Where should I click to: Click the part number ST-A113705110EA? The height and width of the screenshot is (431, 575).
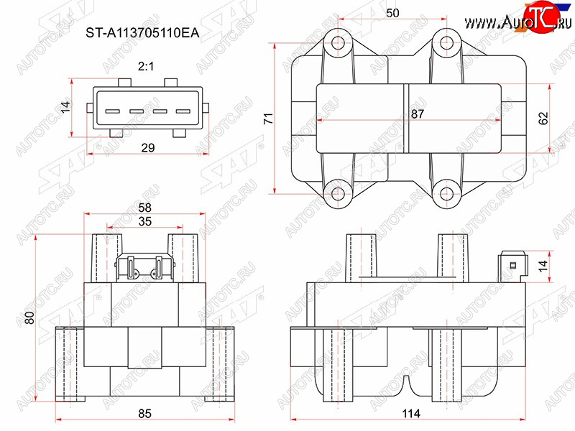(x=142, y=33)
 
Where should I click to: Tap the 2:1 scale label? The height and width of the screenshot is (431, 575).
(x=146, y=66)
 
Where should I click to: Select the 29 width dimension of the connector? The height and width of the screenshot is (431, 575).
(x=148, y=148)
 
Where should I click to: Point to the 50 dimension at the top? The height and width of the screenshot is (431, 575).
(x=392, y=13)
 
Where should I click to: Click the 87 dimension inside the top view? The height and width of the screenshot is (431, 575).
(x=418, y=114)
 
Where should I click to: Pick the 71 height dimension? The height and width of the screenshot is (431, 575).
(x=269, y=119)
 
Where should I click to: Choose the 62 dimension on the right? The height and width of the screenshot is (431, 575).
(x=543, y=118)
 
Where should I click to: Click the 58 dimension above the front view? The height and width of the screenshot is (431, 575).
(x=145, y=208)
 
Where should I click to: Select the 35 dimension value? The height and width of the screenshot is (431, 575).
(x=145, y=221)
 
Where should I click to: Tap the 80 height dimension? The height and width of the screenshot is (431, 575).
(x=29, y=318)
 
